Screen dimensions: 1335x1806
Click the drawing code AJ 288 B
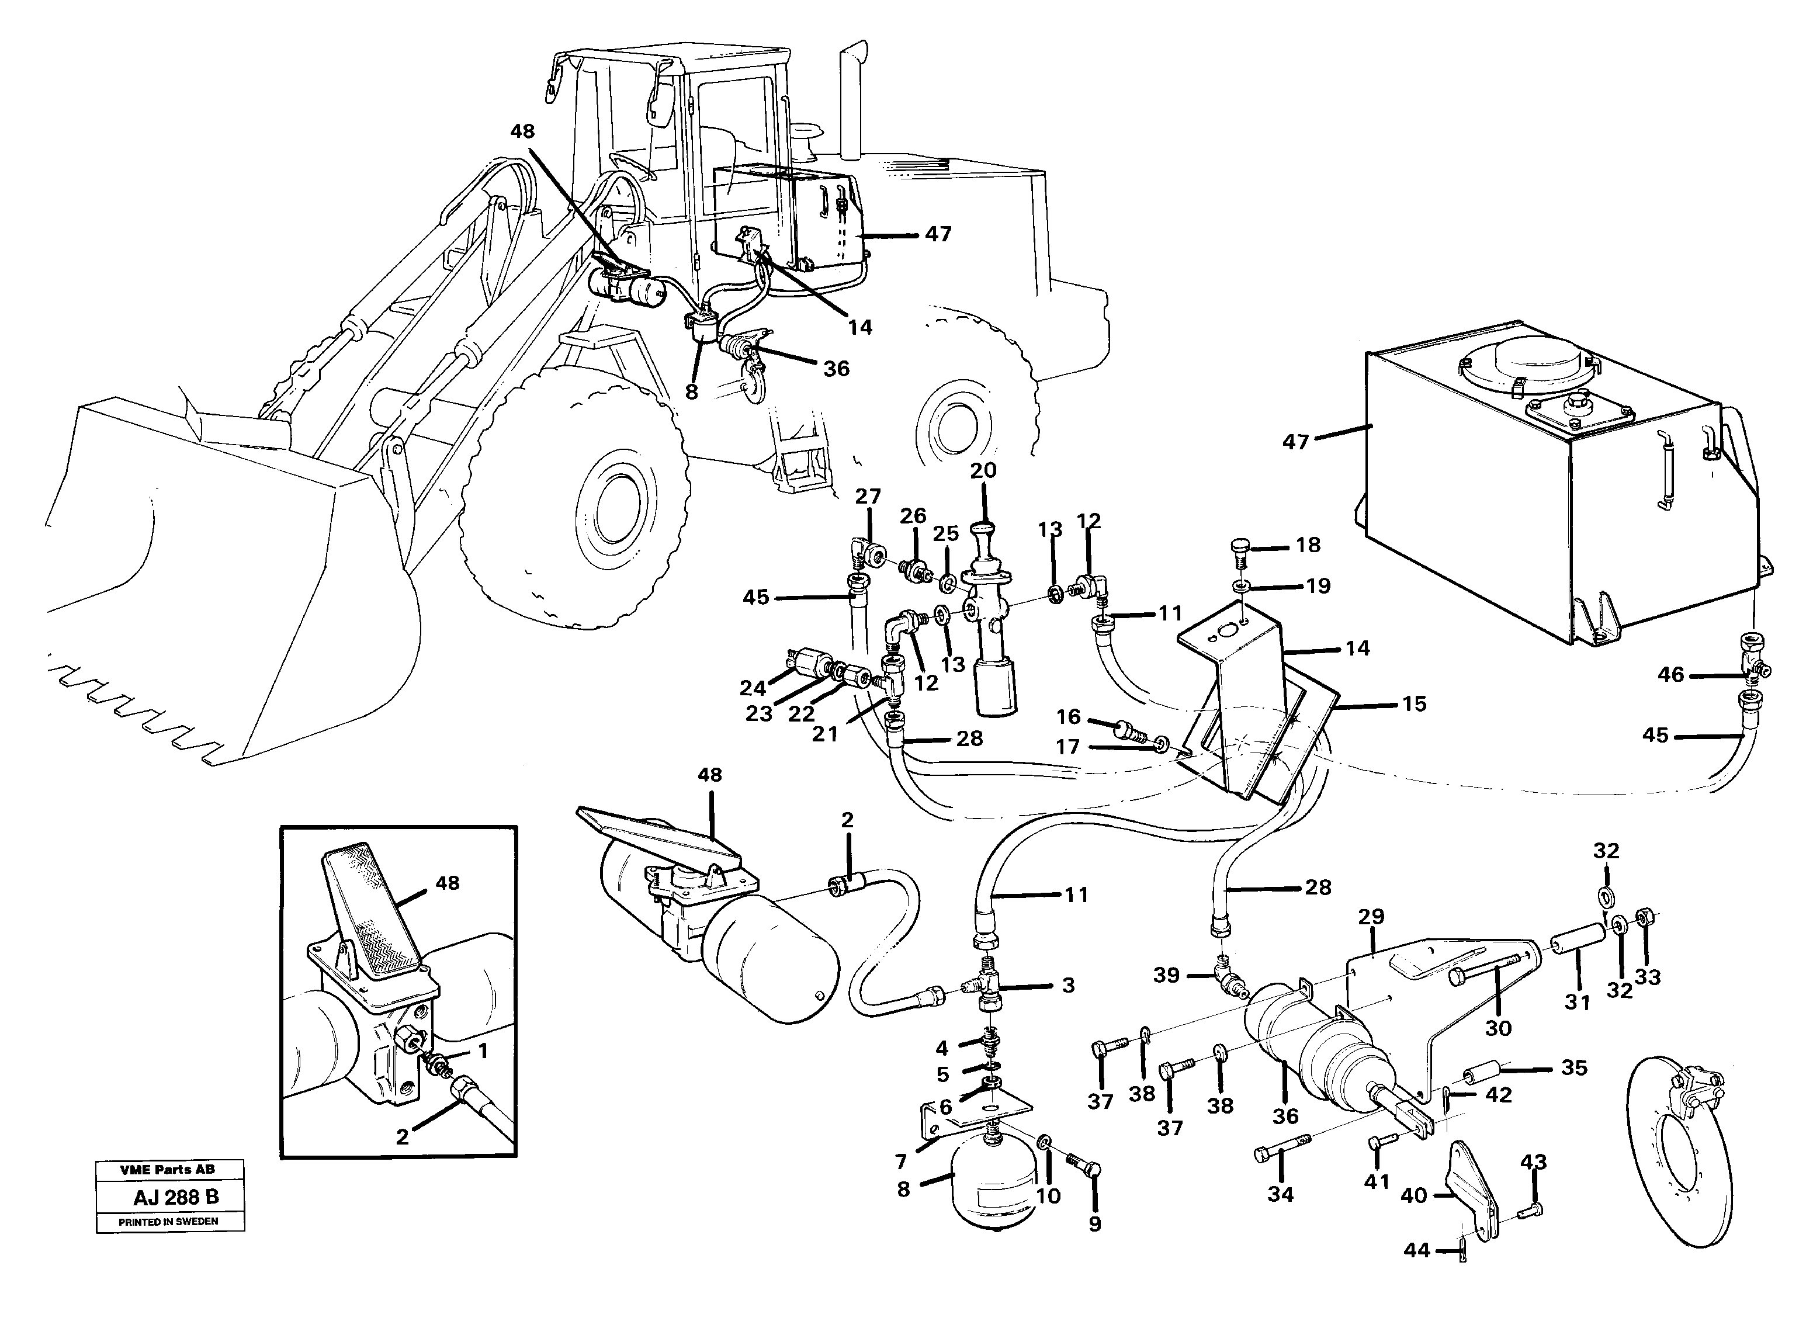pos(175,1197)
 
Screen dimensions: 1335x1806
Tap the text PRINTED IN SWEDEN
pos(169,1222)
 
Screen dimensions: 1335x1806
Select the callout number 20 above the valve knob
pos(983,470)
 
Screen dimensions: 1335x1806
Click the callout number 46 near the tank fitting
pos(1670,674)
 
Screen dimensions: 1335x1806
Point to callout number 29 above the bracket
pos(1371,917)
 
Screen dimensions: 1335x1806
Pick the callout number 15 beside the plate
pos(1414,704)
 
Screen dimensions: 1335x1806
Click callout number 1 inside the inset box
pos(483,1052)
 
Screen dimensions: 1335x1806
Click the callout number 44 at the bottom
pos(1416,1251)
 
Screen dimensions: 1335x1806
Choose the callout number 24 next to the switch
pos(753,688)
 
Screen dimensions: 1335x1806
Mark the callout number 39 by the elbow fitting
pos(1166,975)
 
